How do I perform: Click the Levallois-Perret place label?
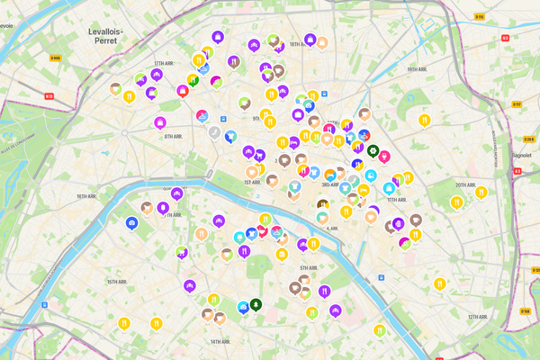(104, 36)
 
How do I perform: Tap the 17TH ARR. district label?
(163, 64)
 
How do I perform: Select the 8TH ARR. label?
(174, 137)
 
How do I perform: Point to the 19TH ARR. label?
(416, 69)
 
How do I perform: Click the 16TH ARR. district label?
(86, 195)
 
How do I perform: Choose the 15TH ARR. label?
(118, 282)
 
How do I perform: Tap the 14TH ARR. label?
(221, 342)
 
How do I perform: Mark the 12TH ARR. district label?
(478, 317)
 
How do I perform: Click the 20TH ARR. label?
(465, 185)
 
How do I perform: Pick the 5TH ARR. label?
(310, 268)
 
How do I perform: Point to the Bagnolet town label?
(524, 154)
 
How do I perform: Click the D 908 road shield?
(55, 58)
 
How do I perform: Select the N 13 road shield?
(49, 95)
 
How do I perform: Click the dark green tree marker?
(256, 304)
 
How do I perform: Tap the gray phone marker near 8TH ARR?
(214, 131)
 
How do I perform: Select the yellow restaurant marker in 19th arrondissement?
(425, 120)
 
